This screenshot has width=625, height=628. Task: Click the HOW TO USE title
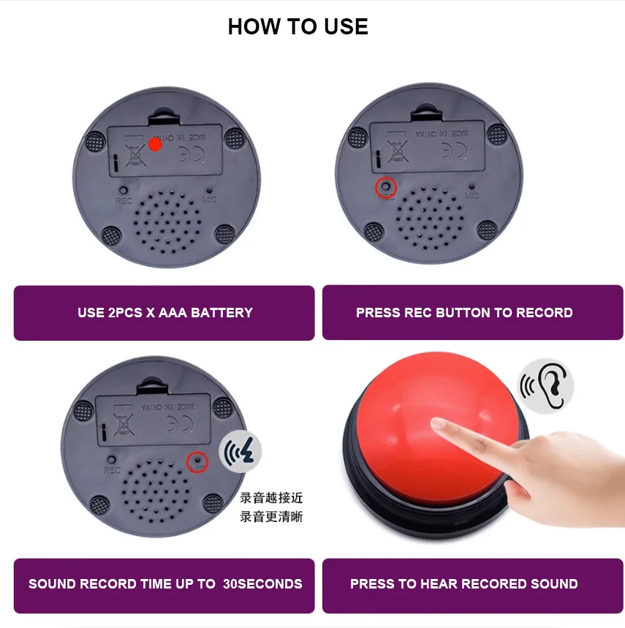pos(298,27)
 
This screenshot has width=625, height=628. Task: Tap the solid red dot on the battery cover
pos(155,144)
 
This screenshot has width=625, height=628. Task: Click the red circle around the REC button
pos(385,188)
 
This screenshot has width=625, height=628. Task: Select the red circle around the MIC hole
pos(197,461)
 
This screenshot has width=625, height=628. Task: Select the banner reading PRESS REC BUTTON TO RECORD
pos(464,313)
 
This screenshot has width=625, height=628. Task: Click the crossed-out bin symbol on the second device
pos(398,152)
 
